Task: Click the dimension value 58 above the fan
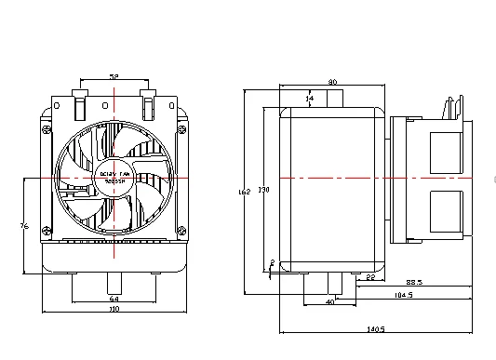click(x=114, y=77)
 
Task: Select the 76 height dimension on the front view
click(x=24, y=224)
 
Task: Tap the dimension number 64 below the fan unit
click(x=114, y=298)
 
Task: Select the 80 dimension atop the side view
click(x=333, y=81)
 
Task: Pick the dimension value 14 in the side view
click(x=310, y=98)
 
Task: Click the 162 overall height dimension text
click(x=244, y=192)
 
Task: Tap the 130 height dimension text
click(x=263, y=189)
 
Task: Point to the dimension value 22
click(x=369, y=277)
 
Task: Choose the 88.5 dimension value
click(x=413, y=283)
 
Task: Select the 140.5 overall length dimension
click(x=376, y=327)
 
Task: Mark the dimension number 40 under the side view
click(x=329, y=302)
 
